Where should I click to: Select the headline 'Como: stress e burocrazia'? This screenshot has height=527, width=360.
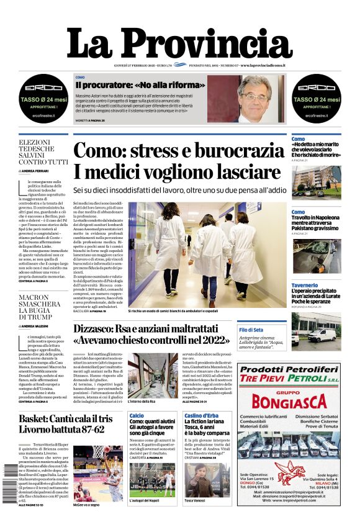pyautogui.click(x=187, y=151)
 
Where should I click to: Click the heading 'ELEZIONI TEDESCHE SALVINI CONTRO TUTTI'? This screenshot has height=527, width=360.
pyautogui.click(x=43, y=152)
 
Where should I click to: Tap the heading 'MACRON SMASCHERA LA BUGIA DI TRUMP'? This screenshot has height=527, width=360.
pyautogui.click(x=43, y=310)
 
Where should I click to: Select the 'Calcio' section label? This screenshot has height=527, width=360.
pyautogui.click(x=137, y=415)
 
